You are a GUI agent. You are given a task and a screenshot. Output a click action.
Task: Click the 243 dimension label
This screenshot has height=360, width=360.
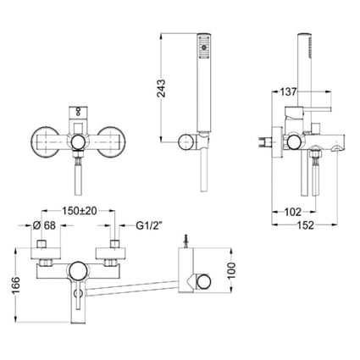click(162, 88)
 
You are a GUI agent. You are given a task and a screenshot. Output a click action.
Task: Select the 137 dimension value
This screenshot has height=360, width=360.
click(288, 91)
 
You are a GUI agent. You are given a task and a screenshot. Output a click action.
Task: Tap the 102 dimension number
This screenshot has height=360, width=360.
click(293, 212)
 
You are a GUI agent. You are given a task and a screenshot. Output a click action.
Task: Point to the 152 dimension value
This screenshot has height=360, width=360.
click(305, 225)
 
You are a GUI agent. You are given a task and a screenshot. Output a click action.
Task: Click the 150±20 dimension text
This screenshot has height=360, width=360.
click(80, 211)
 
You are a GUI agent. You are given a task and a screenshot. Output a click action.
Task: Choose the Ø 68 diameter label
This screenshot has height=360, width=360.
click(44, 225)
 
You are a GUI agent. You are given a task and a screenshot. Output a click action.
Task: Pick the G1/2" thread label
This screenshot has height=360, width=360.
click(149, 225)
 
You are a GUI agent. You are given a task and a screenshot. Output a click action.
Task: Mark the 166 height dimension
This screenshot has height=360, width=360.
click(16, 285)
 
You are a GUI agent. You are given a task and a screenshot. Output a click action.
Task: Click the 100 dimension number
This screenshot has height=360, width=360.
click(231, 270)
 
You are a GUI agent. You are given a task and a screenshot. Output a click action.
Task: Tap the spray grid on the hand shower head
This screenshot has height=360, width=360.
click(203, 47)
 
